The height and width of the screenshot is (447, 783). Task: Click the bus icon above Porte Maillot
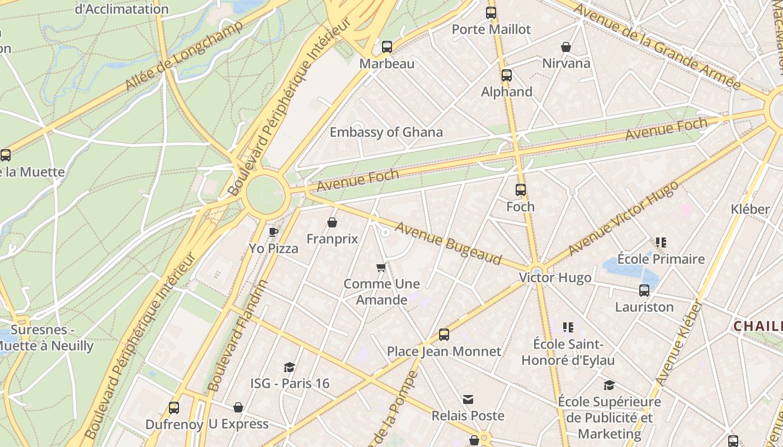coord(491,13)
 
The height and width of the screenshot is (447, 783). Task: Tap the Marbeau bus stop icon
coord(387,47)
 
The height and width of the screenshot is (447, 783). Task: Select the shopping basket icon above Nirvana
coord(566,46)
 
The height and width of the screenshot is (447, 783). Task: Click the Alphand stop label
coord(507,92)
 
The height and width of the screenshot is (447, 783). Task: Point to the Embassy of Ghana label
coord(386,132)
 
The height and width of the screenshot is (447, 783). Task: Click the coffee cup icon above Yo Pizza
coord(273,232)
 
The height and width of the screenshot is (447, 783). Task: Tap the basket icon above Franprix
coord(332,223)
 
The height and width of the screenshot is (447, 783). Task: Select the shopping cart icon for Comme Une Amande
coord(381,268)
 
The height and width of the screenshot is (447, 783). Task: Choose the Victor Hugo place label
coord(555,278)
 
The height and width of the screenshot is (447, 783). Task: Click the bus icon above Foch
coord(521,190)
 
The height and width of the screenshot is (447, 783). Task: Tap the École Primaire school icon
coord(661,242)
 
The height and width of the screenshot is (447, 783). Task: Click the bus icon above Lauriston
coord(644,291)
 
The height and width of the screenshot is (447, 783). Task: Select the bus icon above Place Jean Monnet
coord(444,335)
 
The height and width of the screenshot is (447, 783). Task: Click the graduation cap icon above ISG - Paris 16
coord(289,367)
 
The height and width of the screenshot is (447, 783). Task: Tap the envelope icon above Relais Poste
coord(468,400)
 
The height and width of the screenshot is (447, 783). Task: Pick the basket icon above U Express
coord(238,407)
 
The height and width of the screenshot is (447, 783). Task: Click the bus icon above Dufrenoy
coord(174,408)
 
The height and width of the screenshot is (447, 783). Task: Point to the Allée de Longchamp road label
coord(185,56)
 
